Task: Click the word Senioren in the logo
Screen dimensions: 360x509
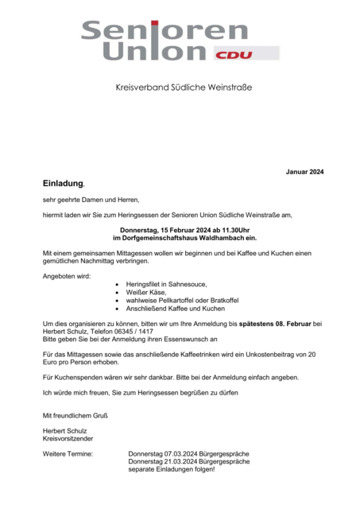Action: (165, 31)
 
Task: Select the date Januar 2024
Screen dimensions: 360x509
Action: (305, 172)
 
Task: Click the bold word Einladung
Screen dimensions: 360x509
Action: (63, 183)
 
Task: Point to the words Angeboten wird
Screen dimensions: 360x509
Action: (67, 275)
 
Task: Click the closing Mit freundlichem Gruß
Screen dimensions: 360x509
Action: (75, 415)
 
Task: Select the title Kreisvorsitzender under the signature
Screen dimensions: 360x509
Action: (68, 438)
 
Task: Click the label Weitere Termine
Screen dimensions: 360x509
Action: (68, 453)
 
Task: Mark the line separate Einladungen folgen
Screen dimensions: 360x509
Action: (172, 469)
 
